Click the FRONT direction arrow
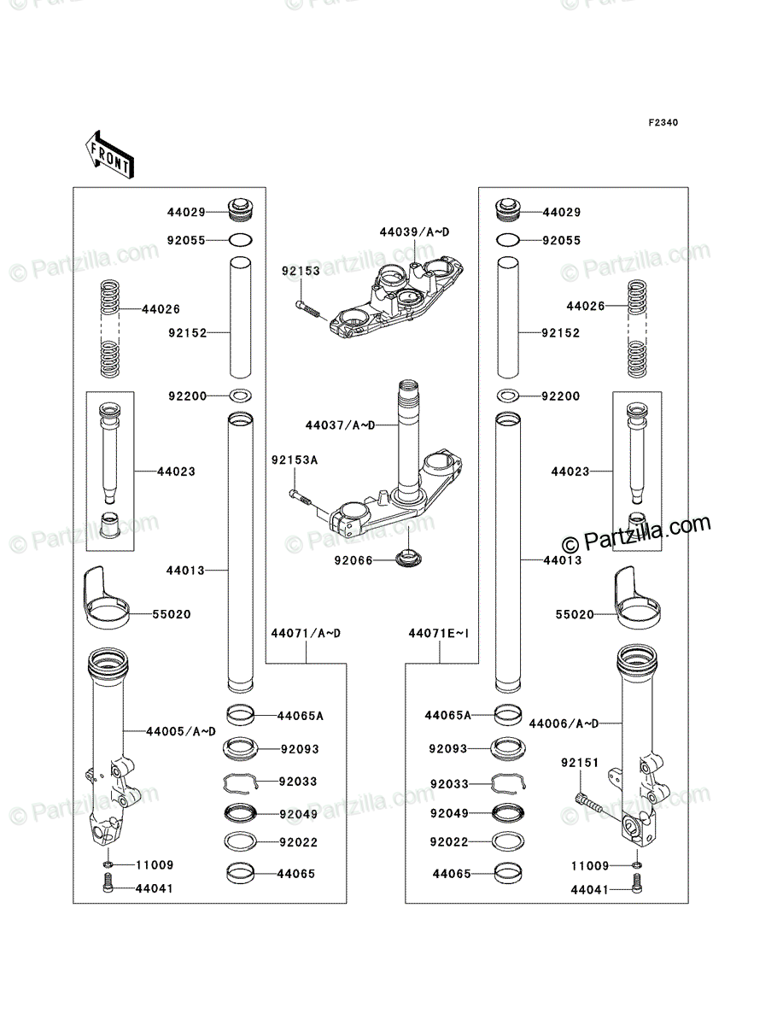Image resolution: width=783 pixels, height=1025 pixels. (x=109, y=155)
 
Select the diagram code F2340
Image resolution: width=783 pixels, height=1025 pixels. (x=663, y=123)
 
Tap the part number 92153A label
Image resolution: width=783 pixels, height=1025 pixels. (x=295, y=460)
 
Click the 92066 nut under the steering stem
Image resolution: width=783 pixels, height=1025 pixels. (x=408, y=559)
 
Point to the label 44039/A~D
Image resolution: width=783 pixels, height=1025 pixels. (x=414, y=232)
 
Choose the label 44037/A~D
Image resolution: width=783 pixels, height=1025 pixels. (x=340, y=425)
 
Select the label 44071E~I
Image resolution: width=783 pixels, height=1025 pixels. (x=439, y=634)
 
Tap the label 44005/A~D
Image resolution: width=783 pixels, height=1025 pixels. (x=181, y=732)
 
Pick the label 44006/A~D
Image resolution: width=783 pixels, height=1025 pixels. (x=564, y=724)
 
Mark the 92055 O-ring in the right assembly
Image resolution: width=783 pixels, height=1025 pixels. (x=508, y=241)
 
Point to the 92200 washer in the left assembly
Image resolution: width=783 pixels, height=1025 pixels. (x=241, y=396)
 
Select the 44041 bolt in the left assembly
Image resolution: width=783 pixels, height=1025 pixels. (x=108, y=887)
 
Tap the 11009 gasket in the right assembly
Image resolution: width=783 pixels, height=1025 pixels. (x=637, y=865)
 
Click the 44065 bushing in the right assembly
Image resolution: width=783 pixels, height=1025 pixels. (x=508, y=874)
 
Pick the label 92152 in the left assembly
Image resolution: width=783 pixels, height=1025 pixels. (x=188, y=333)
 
